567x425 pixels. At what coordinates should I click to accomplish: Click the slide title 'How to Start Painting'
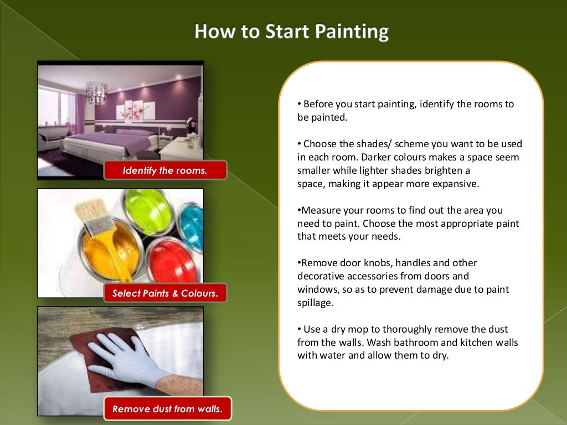point(291,32)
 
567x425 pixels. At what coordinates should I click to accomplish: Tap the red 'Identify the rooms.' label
point(165,170)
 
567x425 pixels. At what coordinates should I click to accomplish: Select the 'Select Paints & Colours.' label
point(165,293)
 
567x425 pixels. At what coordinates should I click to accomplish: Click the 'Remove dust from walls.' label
point(167,410)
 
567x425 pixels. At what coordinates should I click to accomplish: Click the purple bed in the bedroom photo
point(111,141)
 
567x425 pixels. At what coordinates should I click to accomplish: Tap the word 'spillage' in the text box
point(314,303)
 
